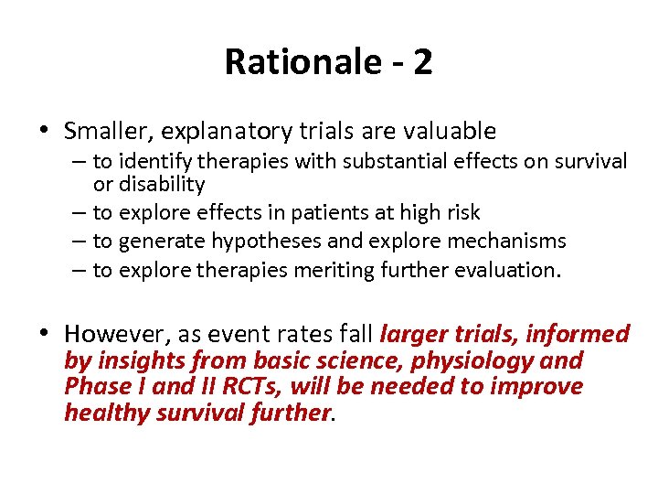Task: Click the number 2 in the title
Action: (421, 62)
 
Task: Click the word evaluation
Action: (504, 271)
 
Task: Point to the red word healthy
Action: (101, 413)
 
